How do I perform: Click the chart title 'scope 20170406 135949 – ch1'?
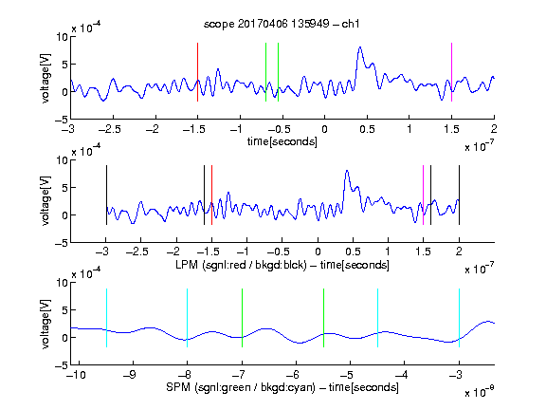(282, 24)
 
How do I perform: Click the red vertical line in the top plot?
(197, 72)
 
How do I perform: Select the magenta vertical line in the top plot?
(451, 72)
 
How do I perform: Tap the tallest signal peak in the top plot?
(360, 47)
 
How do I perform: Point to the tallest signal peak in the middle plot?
(347, 171)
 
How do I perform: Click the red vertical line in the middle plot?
(211, 196)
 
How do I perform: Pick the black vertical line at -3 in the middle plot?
(106, 196)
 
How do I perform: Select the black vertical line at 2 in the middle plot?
(460, 196)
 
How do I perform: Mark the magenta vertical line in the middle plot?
(423, 196)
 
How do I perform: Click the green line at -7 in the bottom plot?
(242, 318)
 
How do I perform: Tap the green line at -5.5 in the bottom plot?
(323, 318)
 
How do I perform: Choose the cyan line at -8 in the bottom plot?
(188, 318)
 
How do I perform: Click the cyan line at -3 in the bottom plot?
(460, 318)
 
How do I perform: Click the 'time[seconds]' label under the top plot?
(282, 141)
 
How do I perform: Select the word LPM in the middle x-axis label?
(187, 265)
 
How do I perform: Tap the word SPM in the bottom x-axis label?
(178, 387)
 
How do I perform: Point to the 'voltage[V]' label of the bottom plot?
(45, 324)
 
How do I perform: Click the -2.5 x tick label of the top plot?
(109, 129)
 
